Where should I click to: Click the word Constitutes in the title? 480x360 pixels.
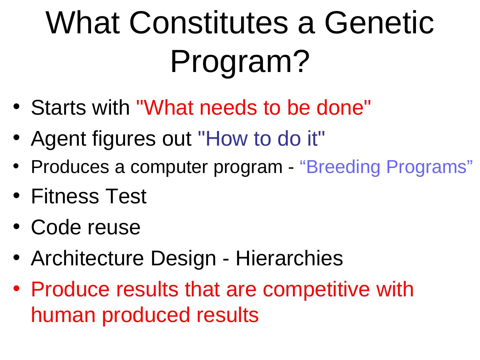click(x=209, y=23)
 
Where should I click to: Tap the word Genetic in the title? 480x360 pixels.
click(x=379, y=23)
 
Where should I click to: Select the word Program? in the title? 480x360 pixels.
click(x=240, y=62)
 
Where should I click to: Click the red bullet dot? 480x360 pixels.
click(x=16, y=288)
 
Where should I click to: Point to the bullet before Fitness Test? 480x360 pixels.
click(x=16, y=195)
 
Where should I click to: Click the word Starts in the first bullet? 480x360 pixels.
click(x=58, y=108)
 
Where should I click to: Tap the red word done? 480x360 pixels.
click(x=340, y=108)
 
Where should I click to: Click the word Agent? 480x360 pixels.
click(x=58, y=139)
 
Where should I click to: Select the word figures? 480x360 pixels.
click(x=124, y=139)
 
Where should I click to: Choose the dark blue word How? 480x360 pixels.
click(x=226, y=139)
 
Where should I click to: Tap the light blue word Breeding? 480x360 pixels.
click(x=343, y=167)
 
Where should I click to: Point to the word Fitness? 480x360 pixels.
click(x=65, y=196)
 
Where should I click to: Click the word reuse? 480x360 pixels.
click(x=114, y=228)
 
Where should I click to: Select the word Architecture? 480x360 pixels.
click(x=87, y=258)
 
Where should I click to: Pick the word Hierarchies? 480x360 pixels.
click(x=289, y=258)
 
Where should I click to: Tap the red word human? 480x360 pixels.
click(x=63, y=315)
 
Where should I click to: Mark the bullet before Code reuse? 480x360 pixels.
click(x=16, y=226)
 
